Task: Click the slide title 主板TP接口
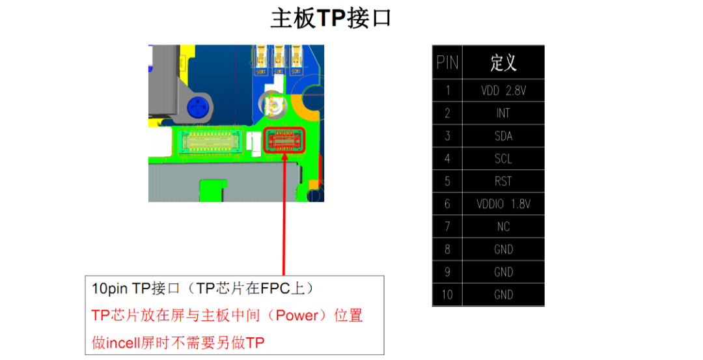(x=331, y=19)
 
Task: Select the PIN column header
(x=447, y=62)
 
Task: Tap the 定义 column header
(x=503, y=62)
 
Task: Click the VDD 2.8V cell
(x=503, y=90)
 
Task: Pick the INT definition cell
(x=503, y=113)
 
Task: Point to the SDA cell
(x=503, y=136)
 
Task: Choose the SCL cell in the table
(x=503, y=159)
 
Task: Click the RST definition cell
(x=503, y=181)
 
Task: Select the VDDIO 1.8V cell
(x=503, y=204)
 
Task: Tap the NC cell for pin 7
(x=503, y=227)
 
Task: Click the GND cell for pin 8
(x=503, y=249)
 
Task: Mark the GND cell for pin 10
(x=503, y=294)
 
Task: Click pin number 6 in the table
(x=447, y=204)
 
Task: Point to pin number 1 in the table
(x=447, y=90)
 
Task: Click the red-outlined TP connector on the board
(x=284, y=140)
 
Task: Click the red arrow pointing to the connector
(x=284, y=214)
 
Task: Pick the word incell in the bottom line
(x=123, y=343)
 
